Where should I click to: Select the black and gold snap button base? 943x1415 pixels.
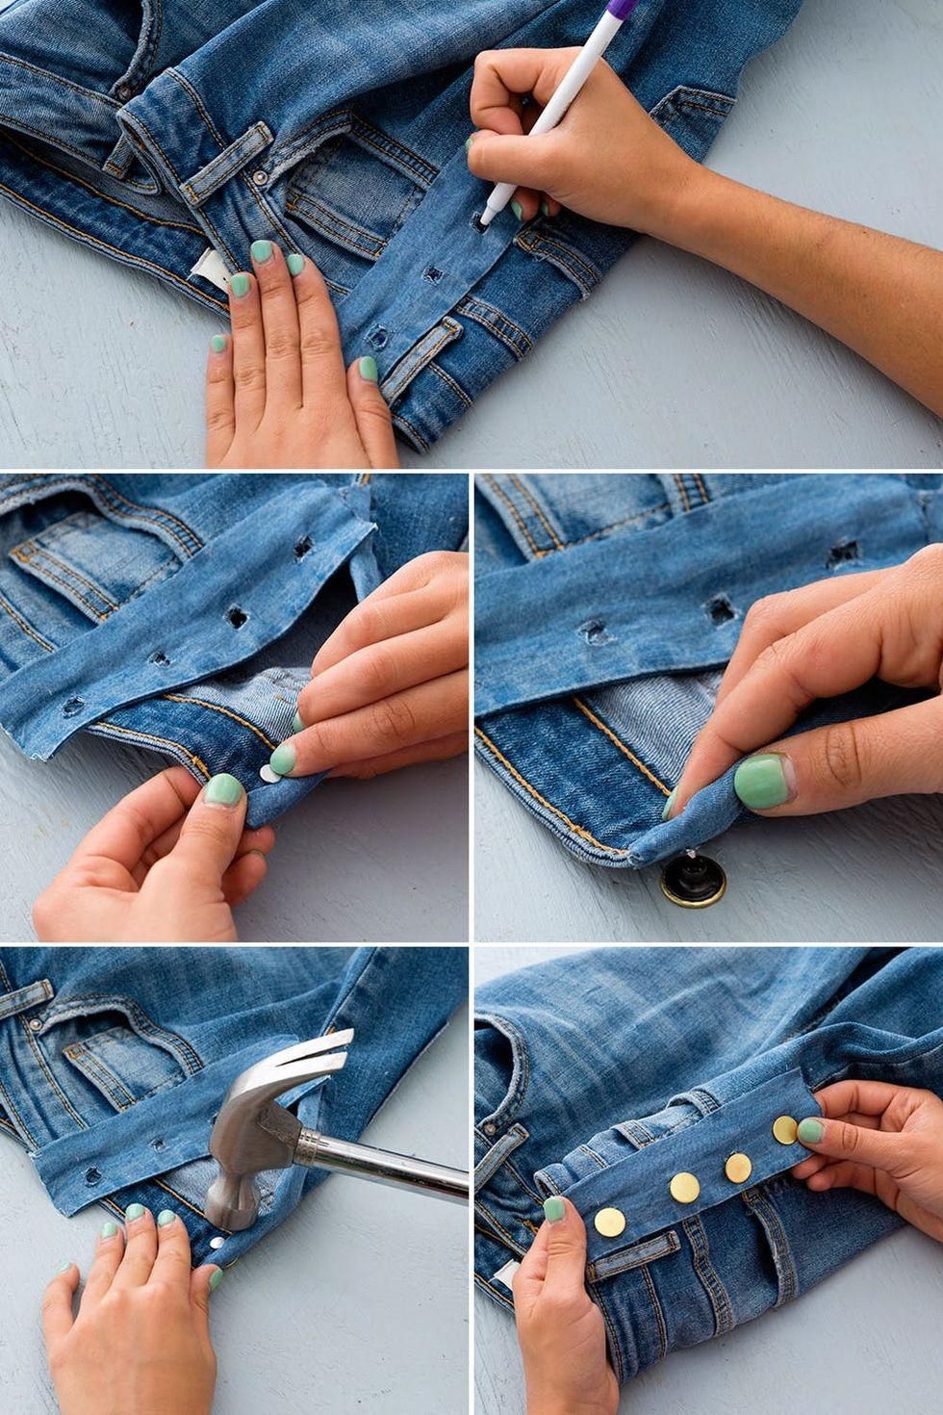[692, 881]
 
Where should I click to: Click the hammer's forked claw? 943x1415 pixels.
[313, 1060]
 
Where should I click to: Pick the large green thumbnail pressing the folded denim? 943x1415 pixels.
[762, 781]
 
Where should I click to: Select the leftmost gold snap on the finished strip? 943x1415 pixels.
[609, 1222]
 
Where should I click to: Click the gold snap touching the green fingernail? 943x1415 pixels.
[786, 1130]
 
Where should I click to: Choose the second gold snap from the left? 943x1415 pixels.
[684, 1188]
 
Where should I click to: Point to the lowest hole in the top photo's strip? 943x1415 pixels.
[377, 337]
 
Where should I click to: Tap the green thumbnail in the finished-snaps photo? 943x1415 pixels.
[553, 1209]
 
